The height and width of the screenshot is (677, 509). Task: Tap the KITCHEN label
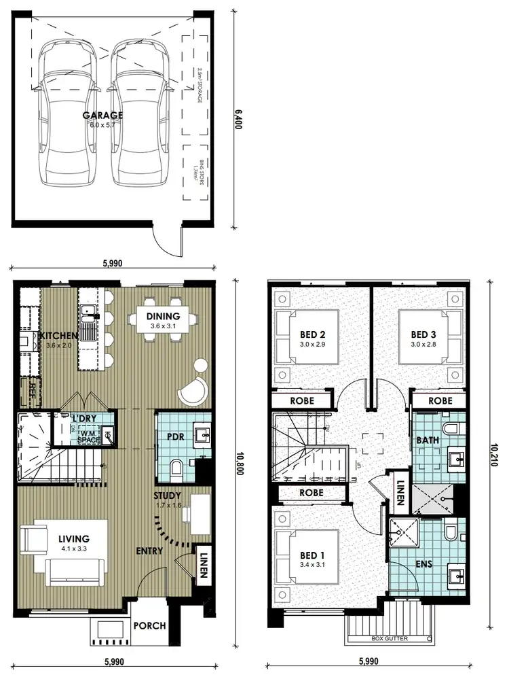(x=60, y=336)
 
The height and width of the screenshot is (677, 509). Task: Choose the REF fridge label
(x=32, y=390)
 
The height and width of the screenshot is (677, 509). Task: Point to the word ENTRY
(x=149, y=551)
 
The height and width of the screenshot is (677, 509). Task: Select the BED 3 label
(x=423, y=334)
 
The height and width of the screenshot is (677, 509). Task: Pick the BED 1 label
(x=313, y=555)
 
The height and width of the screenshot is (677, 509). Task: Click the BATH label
(x=428, y=440)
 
